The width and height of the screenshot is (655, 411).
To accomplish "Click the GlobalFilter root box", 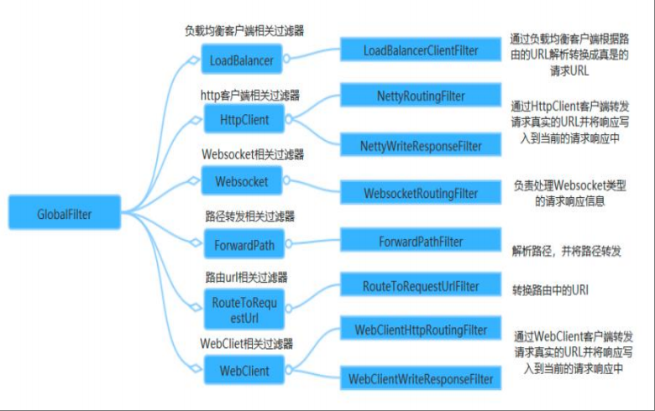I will [x=65, y=214].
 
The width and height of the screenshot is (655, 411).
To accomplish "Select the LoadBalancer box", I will [x=244, y=60].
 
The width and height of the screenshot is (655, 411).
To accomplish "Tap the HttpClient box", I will [x=244, y=120].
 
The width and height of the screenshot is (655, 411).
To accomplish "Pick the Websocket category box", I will [x=244, y=180].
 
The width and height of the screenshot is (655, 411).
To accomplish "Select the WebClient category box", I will [x=244, y=371].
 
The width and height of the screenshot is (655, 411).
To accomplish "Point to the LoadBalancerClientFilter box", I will [x=421, y=50].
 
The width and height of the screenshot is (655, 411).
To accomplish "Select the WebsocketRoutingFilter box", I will [x=421, y=194].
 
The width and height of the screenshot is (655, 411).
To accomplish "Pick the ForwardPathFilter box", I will [x=421, y=242].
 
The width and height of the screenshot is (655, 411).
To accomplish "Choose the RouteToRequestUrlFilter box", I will [x=421, y=287].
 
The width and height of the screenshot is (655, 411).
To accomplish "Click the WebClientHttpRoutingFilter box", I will [x=421, y=330].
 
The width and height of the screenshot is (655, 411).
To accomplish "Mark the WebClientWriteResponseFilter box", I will [x=421, y=379].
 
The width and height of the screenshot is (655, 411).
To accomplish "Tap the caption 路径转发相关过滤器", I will [x=244, y=216].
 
